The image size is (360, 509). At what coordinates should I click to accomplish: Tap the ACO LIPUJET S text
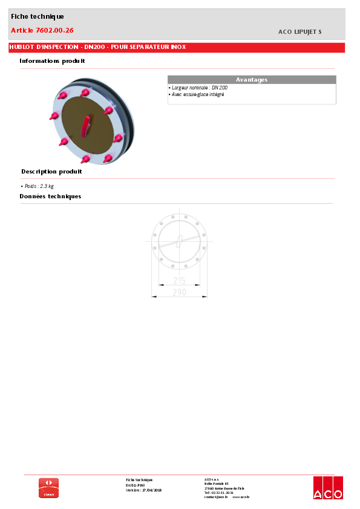point(300,31)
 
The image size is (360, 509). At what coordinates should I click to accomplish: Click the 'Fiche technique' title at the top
point(38,16)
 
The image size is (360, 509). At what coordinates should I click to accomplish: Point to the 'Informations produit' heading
point(52,61)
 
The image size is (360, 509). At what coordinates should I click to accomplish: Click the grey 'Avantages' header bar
point(251,80)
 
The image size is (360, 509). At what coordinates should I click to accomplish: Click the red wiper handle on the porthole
point(85,125)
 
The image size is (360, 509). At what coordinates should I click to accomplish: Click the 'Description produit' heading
point(51,172)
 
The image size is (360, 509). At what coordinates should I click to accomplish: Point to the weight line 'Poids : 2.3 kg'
point(39,186)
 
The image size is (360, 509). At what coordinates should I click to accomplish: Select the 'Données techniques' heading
point(50,196)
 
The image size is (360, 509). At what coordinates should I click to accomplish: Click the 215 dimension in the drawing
point(179,280)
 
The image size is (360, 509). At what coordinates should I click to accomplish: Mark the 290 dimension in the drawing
point(179,293)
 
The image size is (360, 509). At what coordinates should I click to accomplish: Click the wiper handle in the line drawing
point(179,241)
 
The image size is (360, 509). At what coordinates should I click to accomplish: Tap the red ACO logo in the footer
point(328,488)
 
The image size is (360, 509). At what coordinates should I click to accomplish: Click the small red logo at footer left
point(49,488)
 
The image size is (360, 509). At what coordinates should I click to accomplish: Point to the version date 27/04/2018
point(151,490)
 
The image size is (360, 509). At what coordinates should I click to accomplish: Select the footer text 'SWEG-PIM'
point(135,485)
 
